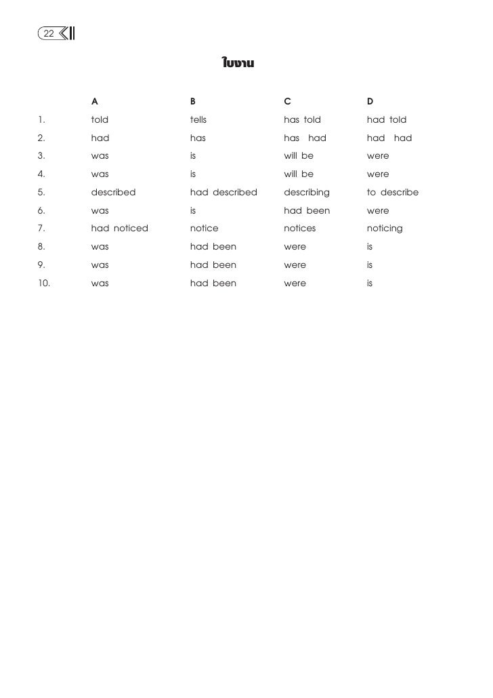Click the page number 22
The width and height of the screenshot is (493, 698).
pos(49,33)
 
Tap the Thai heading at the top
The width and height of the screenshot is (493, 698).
pos(238,64)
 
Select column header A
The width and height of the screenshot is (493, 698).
pos(95,102)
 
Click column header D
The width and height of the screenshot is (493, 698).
pos(370,102)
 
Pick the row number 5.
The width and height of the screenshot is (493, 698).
pos(41,192)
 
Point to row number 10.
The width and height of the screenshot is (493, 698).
pos(44,283)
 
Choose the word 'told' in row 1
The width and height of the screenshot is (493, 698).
pos(100,120)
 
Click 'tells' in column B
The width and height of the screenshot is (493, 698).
pos(198,120)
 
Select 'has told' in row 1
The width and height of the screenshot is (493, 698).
pos(302,120)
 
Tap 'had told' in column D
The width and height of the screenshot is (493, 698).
pos(387,120)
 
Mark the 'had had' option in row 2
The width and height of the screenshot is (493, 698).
pos(389,138)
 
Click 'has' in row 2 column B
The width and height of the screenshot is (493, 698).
pos(198,138)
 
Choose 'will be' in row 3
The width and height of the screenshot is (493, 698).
pos(299,156)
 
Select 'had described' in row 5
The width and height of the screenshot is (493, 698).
pos(223,192)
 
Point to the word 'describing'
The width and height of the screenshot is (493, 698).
pos(307,192)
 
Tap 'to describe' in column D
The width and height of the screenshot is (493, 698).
pos(393,192)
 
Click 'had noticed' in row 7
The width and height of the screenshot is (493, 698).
pos(120,229)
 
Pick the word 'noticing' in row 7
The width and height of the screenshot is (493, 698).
pos(385,229)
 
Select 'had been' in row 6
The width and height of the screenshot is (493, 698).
pos(307,210)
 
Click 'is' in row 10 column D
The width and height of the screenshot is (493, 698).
pos(370,283)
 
